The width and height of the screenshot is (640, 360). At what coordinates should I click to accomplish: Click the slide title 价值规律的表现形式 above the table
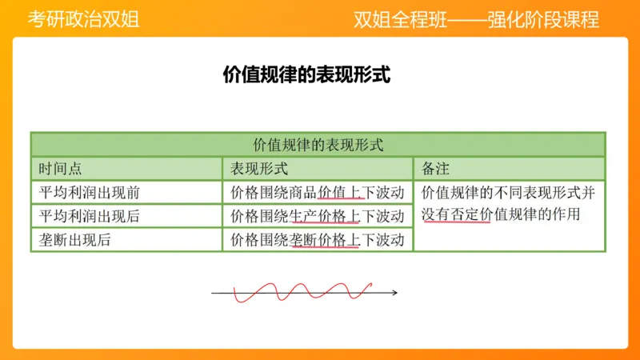click(306, 75)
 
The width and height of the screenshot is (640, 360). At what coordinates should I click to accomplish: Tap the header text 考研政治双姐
click(83, 19)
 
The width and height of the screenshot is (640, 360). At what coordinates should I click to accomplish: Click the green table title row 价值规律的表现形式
click(318, 145)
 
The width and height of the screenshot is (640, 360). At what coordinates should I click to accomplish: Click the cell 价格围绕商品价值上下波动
click(317, 193)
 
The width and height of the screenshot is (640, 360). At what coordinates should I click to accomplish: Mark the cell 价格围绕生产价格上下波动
click(317, 216)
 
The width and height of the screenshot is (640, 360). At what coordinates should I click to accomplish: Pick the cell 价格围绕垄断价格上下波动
click(317, 239)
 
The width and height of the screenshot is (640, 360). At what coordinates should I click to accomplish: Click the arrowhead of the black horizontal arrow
click(395, 294)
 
